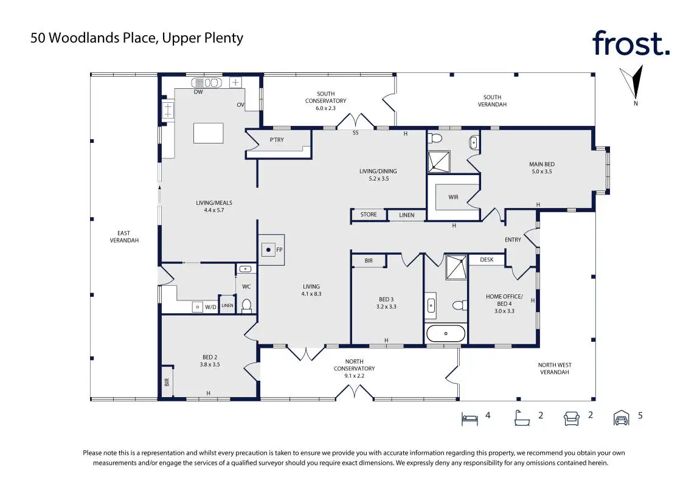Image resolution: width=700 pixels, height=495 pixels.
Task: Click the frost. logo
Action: pyautogui.click(x=631, y=43)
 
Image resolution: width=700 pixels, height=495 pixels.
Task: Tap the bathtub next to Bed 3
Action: pyautogui.click(x=446, y=333)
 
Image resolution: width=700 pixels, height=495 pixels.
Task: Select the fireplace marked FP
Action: pyautogui.click(x=271, y=250)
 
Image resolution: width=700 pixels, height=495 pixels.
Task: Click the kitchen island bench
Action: pyautogui.click(x=208, y=133)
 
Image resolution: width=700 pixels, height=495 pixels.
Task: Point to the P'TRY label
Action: pyautogui.click(x=277, y=140)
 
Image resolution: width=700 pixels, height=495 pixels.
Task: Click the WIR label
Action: pyautogui.click(x=453, y=197)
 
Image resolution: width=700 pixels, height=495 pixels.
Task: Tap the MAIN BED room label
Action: pyautogui.click(x=542, y=164)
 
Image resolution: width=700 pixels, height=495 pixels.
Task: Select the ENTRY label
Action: pyautogui.click(x=513, y=240)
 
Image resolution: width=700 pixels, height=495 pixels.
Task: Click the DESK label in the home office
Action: pyautogui.click(x=487, y=259)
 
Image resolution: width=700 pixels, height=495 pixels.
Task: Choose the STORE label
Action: pyautogui.click(x=369, y=214)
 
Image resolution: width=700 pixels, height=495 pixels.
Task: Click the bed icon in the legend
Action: pyautogui.click(x=469, y=418)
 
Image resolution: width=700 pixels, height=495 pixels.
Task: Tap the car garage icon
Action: pyautogui.click(x=621, y=418)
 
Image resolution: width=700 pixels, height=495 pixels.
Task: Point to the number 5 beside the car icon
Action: pyautogui.click(x=640, y=415)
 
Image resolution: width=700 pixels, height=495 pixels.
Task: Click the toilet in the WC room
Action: pyautogui.click(x=246, y=305)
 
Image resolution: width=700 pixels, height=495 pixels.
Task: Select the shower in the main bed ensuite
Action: pyautogui.click(x=439, y=162)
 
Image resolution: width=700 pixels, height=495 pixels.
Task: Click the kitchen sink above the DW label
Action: pyautogui.click(x=207, y=83)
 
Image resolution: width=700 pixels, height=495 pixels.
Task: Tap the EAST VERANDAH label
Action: pyautogui.click(x=124, y=237)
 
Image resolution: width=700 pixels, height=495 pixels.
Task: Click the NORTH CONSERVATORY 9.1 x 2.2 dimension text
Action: pyautogui.click(x=355, y=376)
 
